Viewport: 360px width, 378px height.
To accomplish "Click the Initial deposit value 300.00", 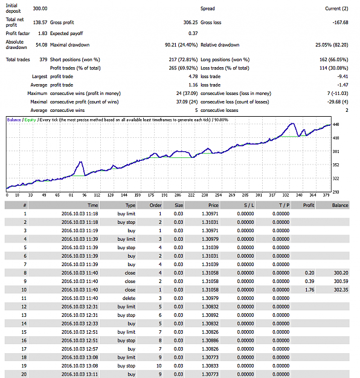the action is tap(40, 8).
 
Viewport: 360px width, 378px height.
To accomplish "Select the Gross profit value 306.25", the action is tap(190, 22).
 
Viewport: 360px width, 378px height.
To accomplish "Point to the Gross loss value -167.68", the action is tap(340, 22).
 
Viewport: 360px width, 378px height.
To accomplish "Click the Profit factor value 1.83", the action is tap(43, 33).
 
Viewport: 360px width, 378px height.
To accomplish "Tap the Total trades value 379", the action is tap(43, 59).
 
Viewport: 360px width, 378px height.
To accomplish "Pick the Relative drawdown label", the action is tap(220, 45).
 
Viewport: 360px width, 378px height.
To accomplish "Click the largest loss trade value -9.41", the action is tap(342, 76).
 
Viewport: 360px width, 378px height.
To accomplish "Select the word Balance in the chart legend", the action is tap(14, 120).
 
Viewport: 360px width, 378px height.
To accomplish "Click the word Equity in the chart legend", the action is tap(30, 120).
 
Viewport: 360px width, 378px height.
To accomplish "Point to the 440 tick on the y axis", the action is tap(336, 125).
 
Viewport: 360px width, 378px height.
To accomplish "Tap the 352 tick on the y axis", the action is tap(336, 165).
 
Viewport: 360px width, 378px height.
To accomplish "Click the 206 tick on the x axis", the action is tap(178, 195).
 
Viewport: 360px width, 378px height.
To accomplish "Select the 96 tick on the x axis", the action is tap(85, 195).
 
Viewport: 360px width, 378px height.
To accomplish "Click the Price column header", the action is tap(213, 206).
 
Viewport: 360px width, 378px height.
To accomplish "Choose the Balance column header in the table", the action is tap(340, 206).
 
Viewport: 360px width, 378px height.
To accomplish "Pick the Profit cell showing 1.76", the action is tap(310, 290).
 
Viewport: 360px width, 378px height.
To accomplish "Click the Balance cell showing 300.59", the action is tap(341, 281).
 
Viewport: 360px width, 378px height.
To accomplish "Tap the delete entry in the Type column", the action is tap(129, 298).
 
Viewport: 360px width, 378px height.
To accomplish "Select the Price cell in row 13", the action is tap(210, 315).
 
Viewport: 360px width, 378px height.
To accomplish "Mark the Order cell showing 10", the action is tap(159, 366).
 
